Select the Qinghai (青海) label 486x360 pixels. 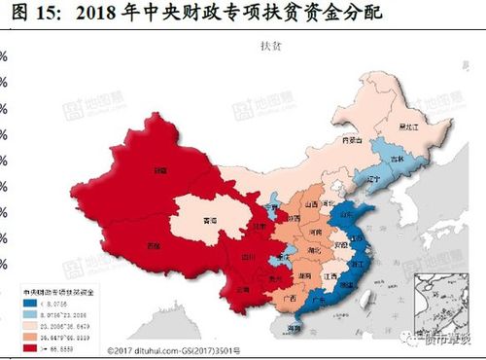tap(210, 221)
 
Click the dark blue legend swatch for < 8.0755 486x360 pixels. tap(30, 302)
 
